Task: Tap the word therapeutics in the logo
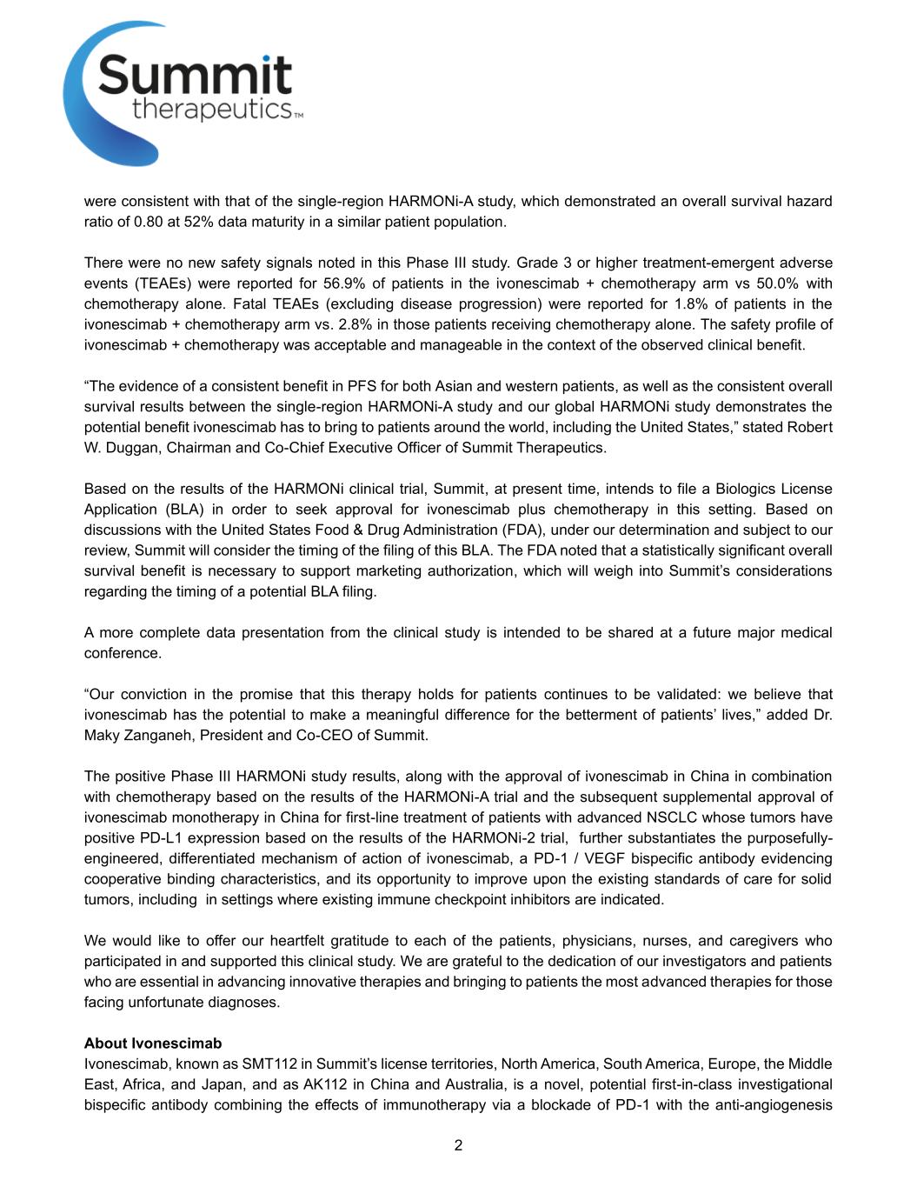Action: click(x=211, y=110)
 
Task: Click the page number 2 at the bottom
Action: click(x=458, y=1145)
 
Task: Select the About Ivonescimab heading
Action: click(x=153, y=1044)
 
